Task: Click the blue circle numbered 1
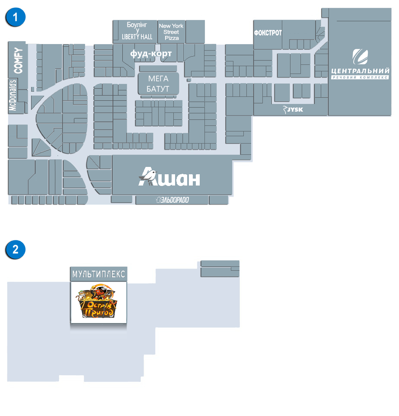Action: coord(15,17)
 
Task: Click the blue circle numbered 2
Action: coord(15,250)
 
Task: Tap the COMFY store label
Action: coord(18,61)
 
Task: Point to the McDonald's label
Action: coord(13,95)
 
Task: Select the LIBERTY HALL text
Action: coord(137,37)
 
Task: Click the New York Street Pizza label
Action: coord(171,32)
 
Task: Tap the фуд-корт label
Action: coord(151,54)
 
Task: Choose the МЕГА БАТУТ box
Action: coord(158,83)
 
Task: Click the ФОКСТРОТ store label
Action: coord(268,33)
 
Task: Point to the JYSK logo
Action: coord(293,109)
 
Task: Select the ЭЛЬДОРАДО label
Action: coord(172,200)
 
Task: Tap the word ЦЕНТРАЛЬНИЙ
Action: coord(360,71)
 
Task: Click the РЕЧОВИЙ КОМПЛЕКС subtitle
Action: coord(360,77)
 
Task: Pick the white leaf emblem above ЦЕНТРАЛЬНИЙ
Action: coord(360,57)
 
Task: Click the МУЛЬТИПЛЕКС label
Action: coord(99,274)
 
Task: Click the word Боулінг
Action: coord(137,25)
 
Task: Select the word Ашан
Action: coord(169,177)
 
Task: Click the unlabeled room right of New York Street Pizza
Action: coord(195,32)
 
